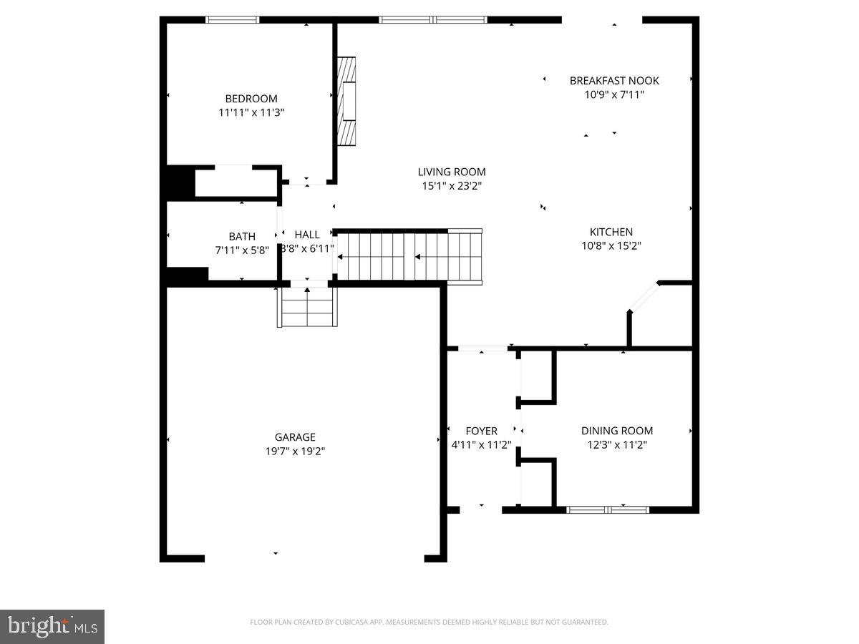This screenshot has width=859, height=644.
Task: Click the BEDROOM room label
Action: [251, 99]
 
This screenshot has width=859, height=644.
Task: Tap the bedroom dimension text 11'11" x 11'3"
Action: [251, 112]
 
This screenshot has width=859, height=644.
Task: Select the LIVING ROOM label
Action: [452, 172]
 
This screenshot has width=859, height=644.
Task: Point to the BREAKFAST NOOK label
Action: [614, 81]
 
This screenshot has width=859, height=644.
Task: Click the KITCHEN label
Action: [611, 232]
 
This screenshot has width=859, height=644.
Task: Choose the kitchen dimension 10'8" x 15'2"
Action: [611, 245]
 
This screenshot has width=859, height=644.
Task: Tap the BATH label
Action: [241, 236]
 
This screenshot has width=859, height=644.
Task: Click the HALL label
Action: [307, 235]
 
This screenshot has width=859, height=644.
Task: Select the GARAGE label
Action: [295, 437]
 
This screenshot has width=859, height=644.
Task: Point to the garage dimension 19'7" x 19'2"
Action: [295, 451]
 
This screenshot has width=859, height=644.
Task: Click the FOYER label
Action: [481, 431]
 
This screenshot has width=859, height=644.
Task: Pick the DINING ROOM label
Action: [616, 431]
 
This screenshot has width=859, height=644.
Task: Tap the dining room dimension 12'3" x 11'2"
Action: [616, 444]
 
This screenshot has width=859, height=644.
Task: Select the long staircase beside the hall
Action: [408, 255]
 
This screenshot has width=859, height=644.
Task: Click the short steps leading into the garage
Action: [307, 306]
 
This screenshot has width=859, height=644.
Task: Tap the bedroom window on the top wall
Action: [233, 20]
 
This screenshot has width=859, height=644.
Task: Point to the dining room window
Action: [608, 509]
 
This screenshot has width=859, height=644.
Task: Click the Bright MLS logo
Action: [52, 626]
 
